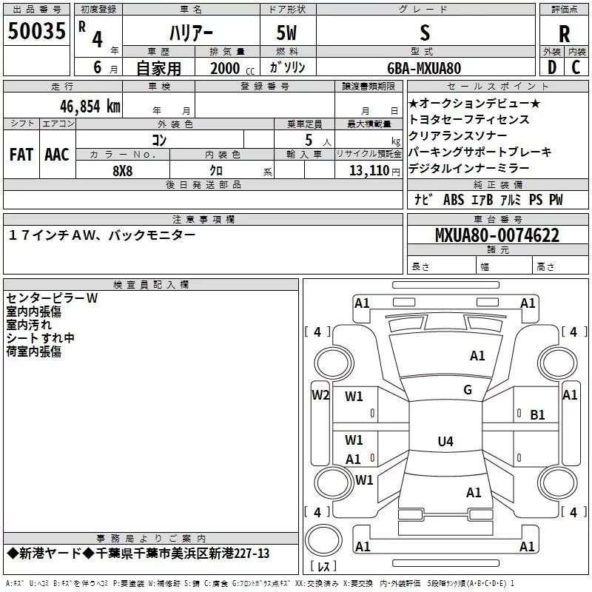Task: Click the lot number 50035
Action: click(36, 31)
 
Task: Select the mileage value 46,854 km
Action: click(90, 107)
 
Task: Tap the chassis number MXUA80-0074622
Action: click(497, 235)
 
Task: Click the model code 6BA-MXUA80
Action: click(424, 68)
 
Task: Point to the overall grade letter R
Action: click(564, 34)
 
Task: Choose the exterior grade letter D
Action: click(552, 67)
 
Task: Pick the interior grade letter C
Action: click(576, 67)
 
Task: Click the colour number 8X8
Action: click(123, 171)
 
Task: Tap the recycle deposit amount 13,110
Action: click(369, 171)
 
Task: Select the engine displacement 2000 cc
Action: click(232, 68)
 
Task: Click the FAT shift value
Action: click(21, 155)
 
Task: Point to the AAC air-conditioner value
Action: click(57, 155)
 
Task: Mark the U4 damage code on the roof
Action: click(445, 441)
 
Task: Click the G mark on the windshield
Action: click(468, 390)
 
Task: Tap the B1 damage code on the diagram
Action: click(537, 415)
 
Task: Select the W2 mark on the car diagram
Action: click(320, 395)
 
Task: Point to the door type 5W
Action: click(286, 33)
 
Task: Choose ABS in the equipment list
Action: click(454, 200)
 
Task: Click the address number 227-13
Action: click(252, 554)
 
